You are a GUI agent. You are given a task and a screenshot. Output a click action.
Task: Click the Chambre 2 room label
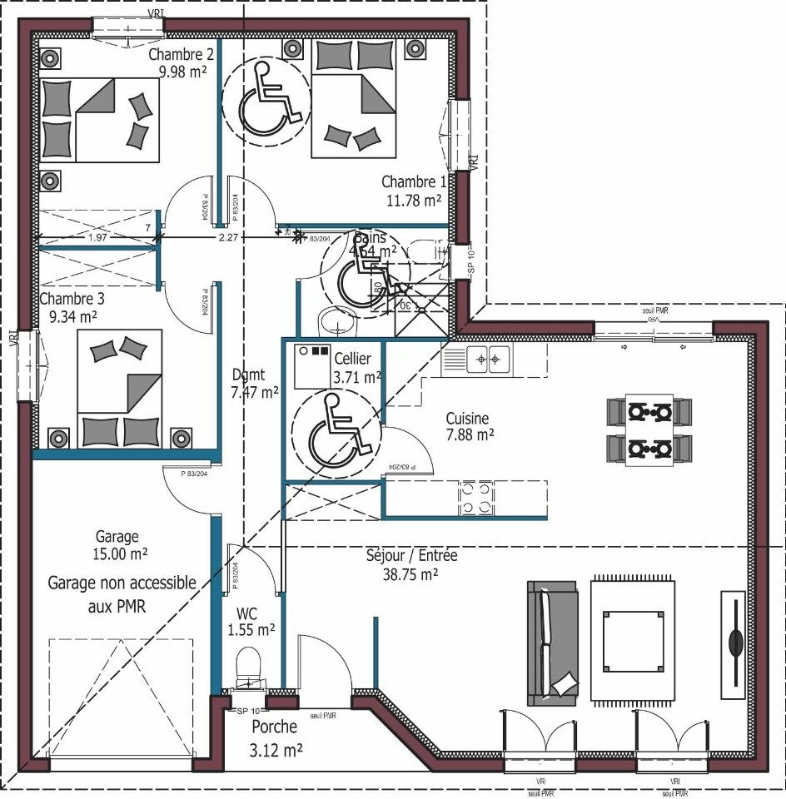(181, 55)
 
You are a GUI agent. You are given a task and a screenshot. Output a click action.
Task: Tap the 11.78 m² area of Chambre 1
(414, 200)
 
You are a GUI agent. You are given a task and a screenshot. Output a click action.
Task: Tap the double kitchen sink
(488, 360)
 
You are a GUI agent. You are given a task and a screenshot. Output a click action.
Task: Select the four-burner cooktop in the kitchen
(476, 499)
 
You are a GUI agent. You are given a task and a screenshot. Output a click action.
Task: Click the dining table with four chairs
(649, 430)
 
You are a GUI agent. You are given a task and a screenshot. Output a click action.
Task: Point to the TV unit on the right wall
(734, 640)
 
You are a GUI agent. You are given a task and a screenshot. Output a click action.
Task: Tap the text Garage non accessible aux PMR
(122, 594)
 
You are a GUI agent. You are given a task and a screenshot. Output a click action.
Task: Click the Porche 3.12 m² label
(276, 738)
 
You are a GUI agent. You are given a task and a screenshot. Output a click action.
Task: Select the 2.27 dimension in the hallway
(228, 237)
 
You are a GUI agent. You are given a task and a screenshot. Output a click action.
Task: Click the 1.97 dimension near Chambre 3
(97, 238)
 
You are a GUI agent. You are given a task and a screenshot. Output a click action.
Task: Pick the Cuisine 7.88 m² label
(467, 426)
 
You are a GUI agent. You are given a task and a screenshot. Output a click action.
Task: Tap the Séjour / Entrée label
(411, 555)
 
